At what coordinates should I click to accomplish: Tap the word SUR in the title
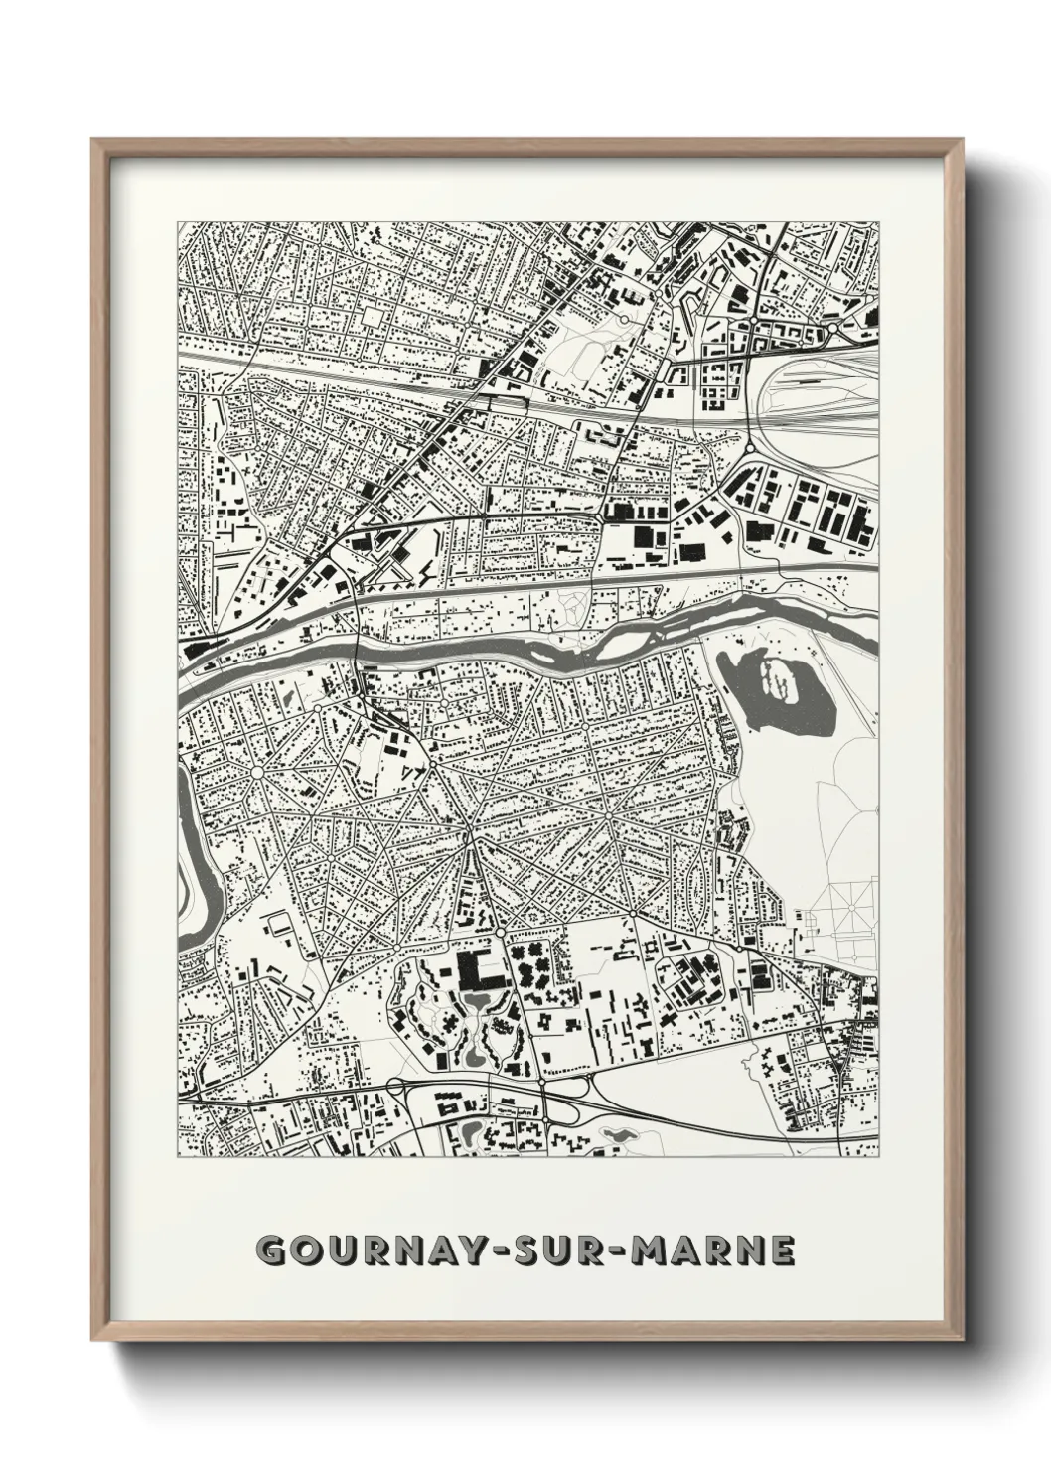point(555,1249)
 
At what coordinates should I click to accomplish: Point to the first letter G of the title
point(270,1249)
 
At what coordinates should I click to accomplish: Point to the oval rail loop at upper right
point(815,397)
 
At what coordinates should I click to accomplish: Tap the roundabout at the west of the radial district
point(256,771)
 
